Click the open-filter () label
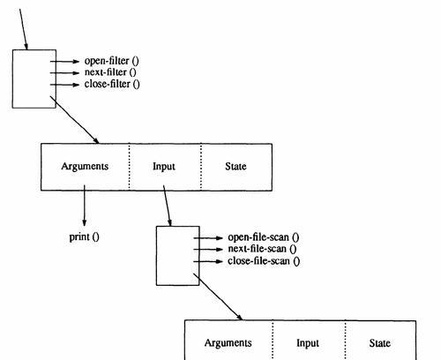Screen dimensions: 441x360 click(112, 61)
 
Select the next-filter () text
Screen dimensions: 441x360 click(110, 72)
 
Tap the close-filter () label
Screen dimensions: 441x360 click(112, 84)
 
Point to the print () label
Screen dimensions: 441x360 click(85, 236)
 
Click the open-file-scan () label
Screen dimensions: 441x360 click(264, 237)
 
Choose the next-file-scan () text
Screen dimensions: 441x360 click(262, 249)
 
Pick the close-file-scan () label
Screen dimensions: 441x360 click(264, 261)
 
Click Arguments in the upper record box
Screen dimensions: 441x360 click(85, 167)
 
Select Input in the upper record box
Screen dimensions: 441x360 click(164, 167)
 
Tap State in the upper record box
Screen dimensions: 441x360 click(235, 167)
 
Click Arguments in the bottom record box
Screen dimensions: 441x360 click(228, 343)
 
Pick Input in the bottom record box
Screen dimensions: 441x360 click(308, 343)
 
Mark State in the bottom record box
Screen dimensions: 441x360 click(380, 343)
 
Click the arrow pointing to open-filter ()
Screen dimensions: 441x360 click(65, 62)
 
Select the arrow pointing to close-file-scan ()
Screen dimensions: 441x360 click(208, 261)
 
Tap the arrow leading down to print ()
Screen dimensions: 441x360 click(85, 206)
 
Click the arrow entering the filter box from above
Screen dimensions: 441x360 click(24, 29)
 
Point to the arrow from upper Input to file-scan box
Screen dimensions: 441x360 click(168, 206)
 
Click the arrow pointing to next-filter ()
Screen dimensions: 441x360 click(65, 72)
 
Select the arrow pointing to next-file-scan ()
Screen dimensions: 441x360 click(208, 250)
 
